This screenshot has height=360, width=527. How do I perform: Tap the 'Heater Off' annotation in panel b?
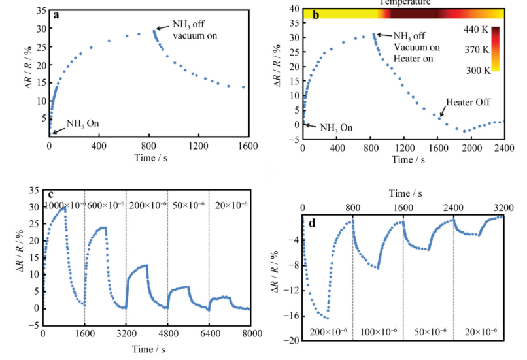469,103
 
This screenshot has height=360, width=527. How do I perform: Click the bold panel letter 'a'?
57,14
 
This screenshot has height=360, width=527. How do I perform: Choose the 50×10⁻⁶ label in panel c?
188,205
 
